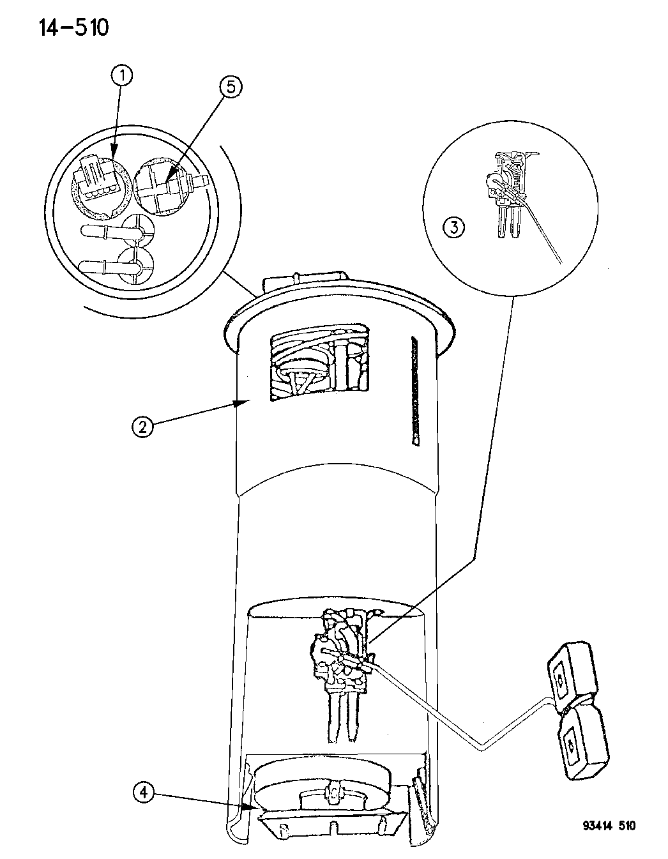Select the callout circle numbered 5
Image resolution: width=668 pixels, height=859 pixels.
pos(230,87)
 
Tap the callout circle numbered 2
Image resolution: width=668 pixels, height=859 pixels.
pos(142,427)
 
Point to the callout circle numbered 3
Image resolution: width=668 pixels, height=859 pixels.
pos(454,228)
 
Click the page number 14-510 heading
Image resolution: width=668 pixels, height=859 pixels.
pos(73,29)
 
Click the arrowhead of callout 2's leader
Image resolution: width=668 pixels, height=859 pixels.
pos(241,403)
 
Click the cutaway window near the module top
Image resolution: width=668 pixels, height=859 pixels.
pos(319,362)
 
